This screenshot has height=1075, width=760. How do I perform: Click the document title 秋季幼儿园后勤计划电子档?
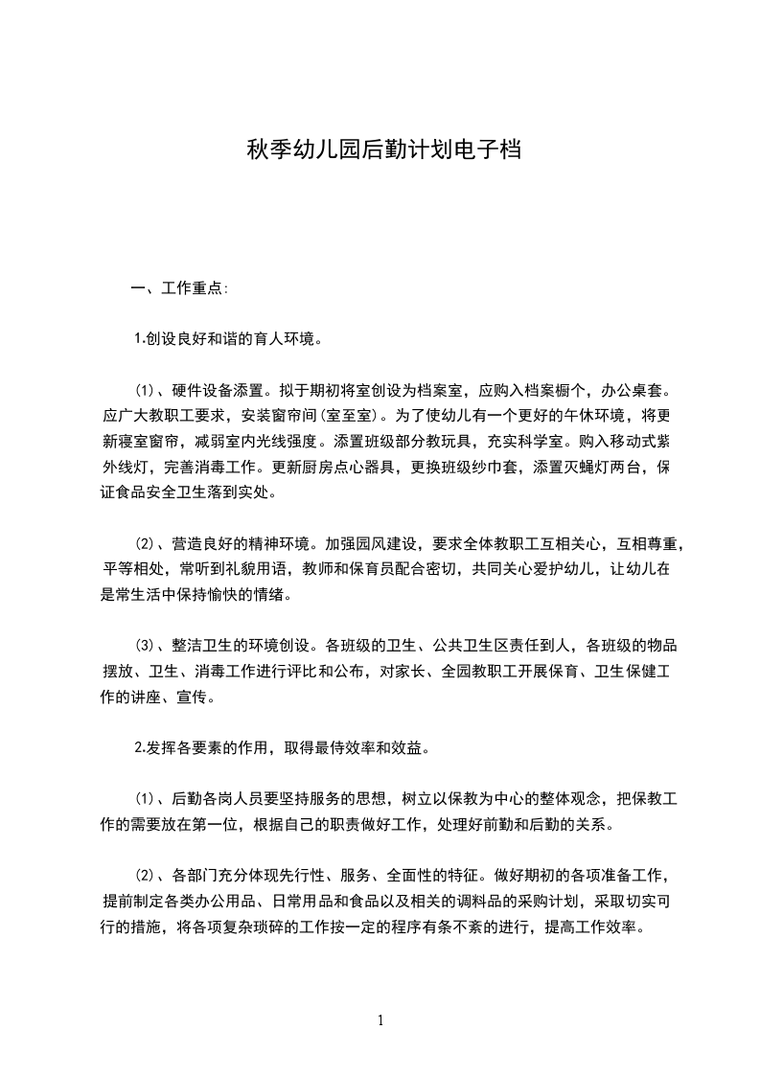[384, 149]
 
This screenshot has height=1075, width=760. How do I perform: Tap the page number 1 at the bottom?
[380, 1020]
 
